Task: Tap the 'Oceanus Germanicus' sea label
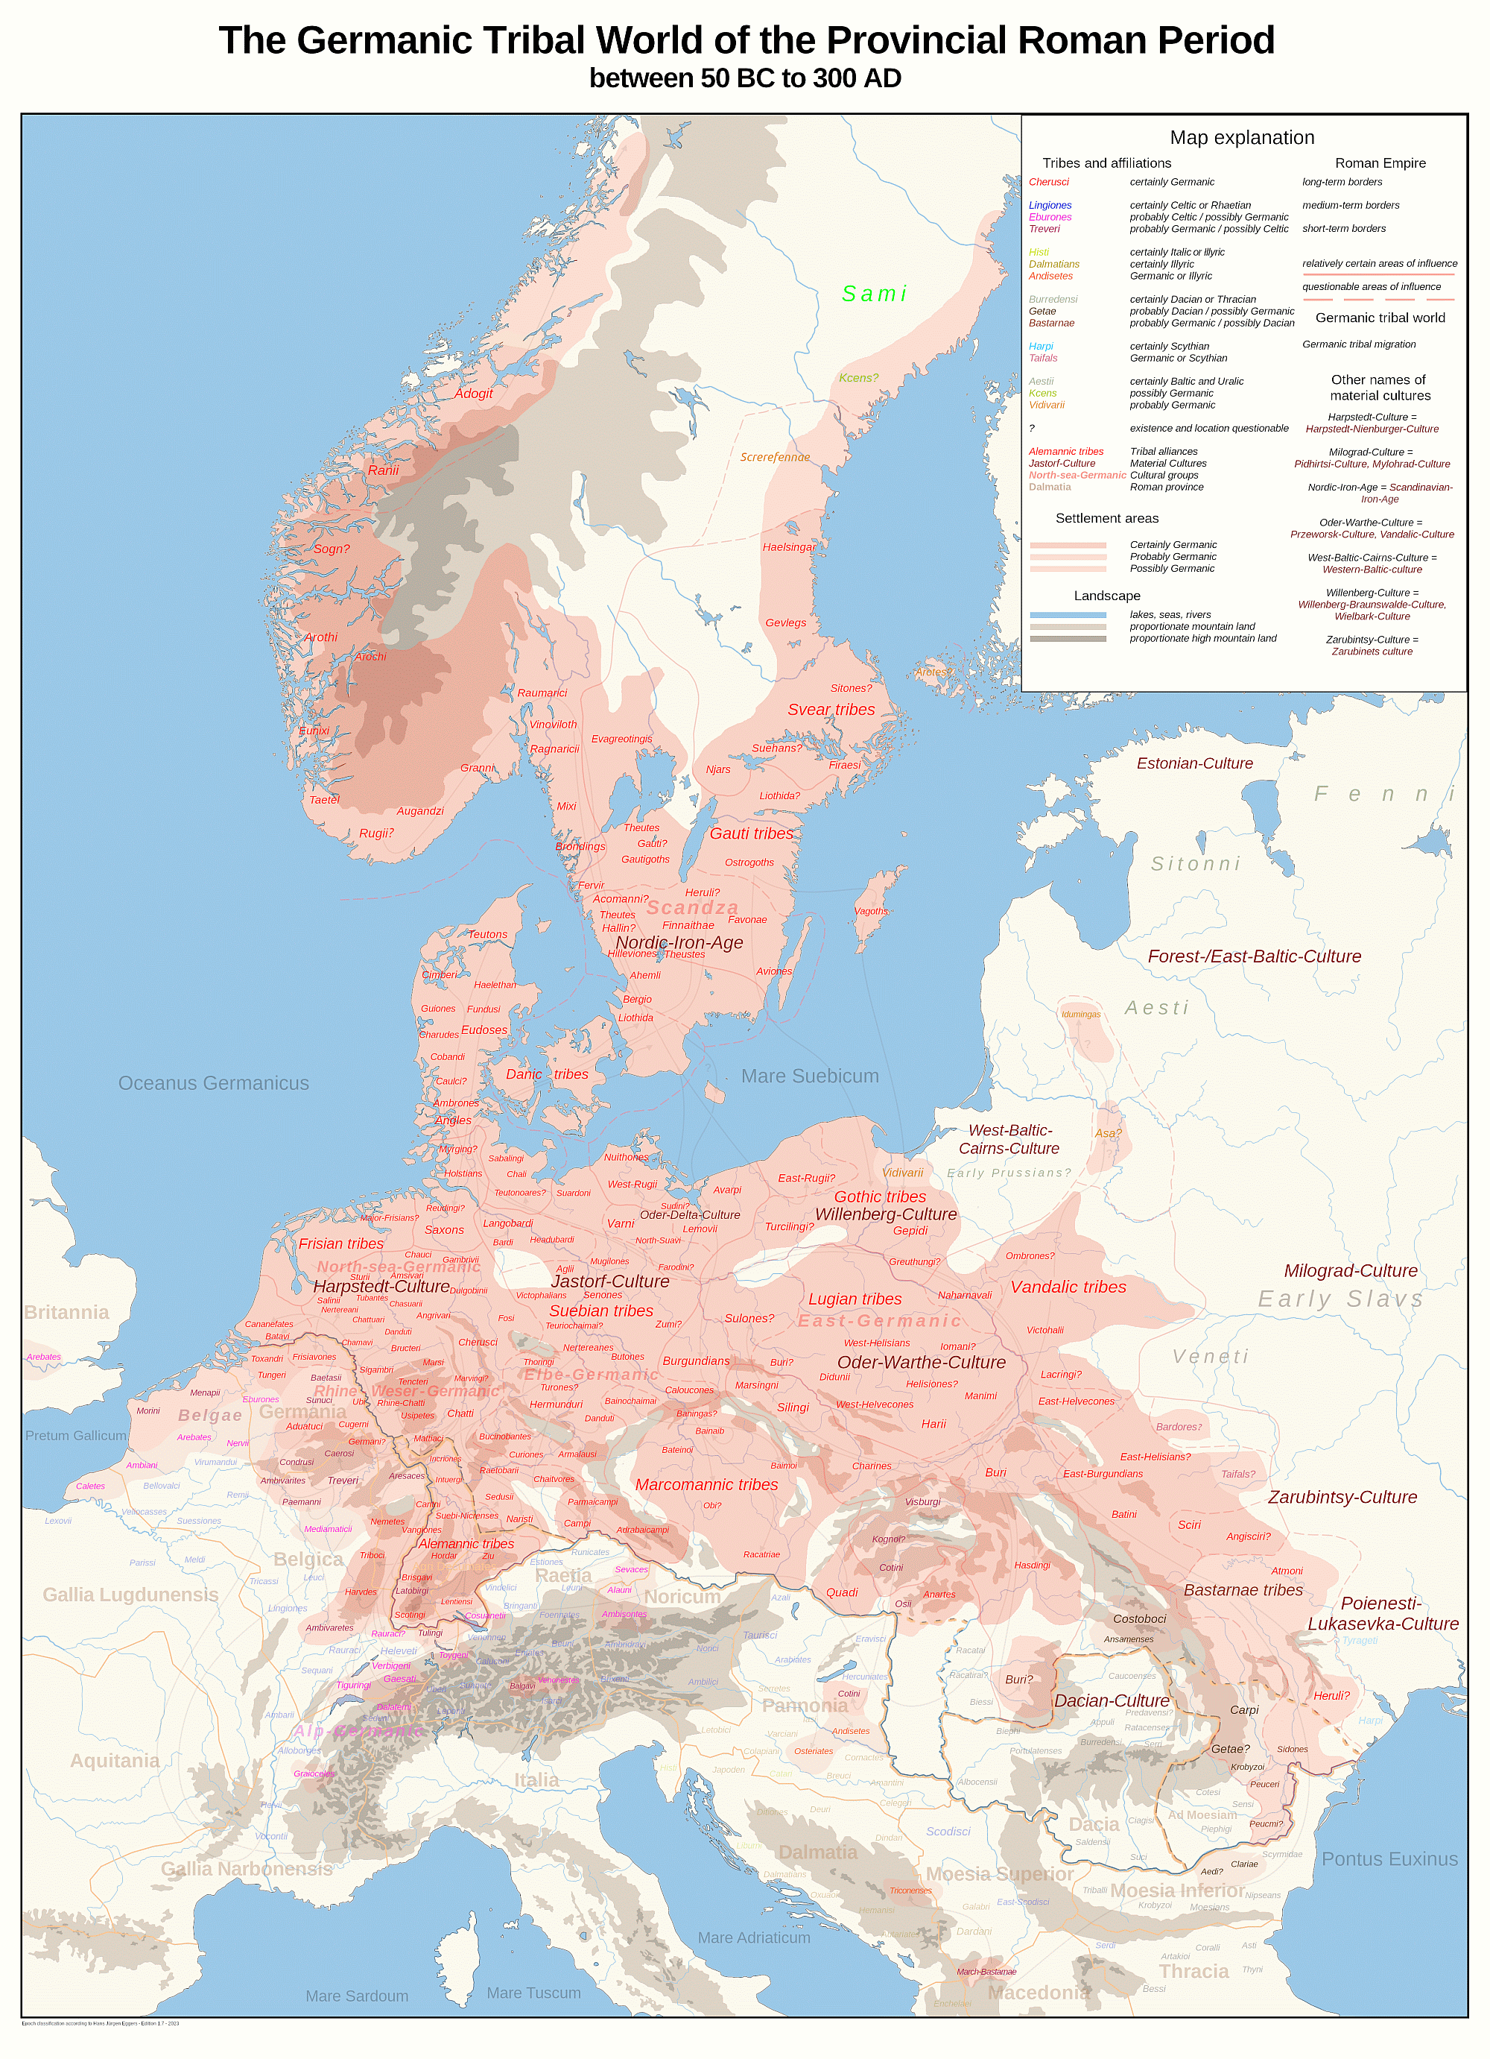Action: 213,1083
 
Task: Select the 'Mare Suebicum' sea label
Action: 809,1076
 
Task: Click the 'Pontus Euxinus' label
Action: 1389,1858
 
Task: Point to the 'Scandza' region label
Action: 692,908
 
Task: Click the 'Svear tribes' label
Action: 830,710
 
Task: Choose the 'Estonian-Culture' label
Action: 1194,763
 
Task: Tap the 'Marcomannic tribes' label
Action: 706,1484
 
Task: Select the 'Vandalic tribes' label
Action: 1068,1287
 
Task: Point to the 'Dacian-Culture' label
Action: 1112,1700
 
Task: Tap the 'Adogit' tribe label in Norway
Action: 473,393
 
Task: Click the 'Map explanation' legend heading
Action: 1241,138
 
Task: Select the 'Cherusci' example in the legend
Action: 1048,183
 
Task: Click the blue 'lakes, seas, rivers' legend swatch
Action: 1067,614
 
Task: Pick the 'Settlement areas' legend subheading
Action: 1106,518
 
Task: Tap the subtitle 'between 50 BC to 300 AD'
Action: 744,79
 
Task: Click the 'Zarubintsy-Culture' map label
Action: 1342,1497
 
